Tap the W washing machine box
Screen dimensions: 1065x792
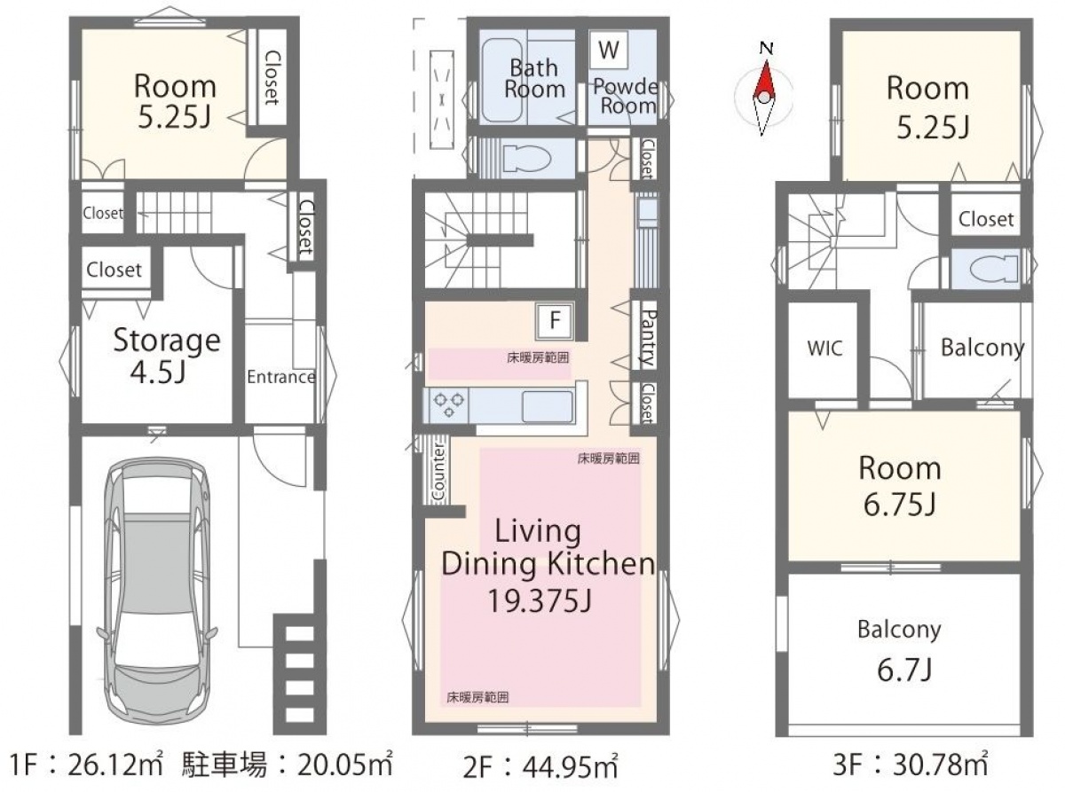coord(608,50)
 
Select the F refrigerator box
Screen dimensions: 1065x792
coord(555,319)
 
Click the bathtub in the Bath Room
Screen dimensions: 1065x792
coord(501,81)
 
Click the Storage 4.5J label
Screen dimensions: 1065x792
coord(167,356)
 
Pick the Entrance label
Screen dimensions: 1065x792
coord(281,377)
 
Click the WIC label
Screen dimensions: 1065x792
coord(824,348)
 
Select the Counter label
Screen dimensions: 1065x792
coord(438,473)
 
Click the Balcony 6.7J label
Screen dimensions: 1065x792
coord(900,650)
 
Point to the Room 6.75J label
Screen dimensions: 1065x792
coord(900,485)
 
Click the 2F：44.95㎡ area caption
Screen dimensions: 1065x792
coord(540,767)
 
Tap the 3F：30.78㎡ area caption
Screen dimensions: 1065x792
coord(910,765)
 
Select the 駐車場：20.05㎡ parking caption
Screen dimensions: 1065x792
coord(288,765)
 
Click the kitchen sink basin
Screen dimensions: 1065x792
coord(547,406)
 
